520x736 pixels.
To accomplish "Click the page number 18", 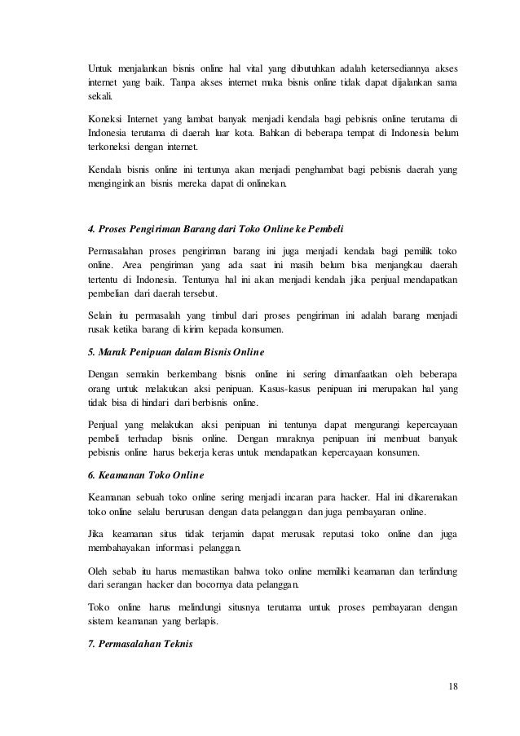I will [x=452, y=685].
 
